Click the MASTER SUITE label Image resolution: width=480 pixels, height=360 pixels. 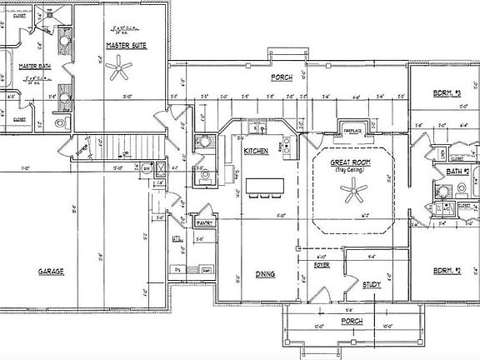tap(127, 45)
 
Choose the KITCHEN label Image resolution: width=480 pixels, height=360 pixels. tap(255, 151)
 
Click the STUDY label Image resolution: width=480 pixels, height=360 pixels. tap(372, 285)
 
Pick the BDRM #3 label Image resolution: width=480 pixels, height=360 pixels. tap(447, 94)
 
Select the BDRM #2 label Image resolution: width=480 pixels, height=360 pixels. tap(447, 271)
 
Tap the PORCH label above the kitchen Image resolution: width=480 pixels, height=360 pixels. tap(282, 77)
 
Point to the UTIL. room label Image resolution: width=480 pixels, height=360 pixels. tap(176, 238)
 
